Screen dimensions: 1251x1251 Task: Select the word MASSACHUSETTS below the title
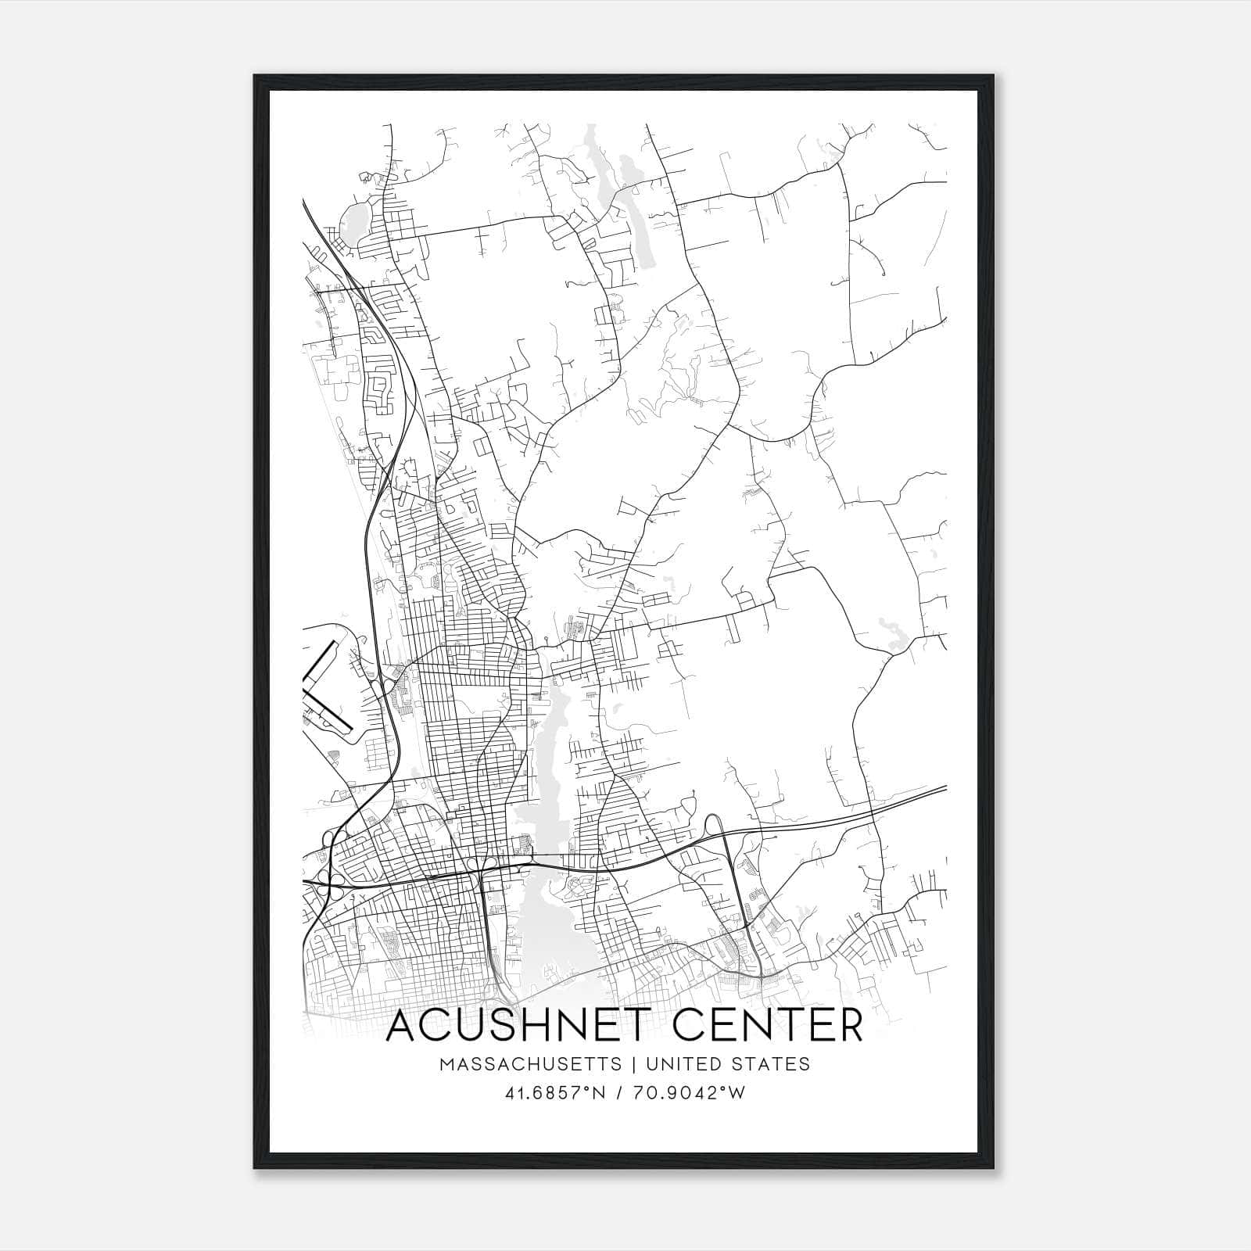click(x=530, y=1064)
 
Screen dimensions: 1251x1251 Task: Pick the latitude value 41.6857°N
click(x=554, y=1093)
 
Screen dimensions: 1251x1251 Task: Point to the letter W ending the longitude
click(x=737, y=1093)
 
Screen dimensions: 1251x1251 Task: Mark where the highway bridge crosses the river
click(x=532, y=865)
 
